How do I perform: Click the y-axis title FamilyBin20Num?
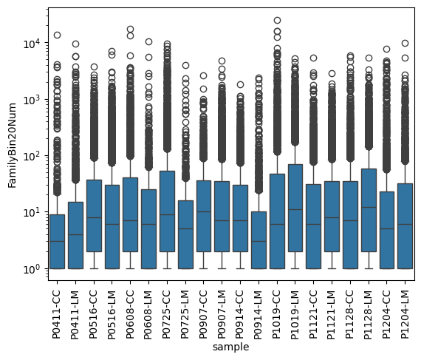tap(13, 146)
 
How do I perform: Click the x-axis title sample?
tap(231, 347)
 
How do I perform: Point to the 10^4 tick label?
tap(32, 44)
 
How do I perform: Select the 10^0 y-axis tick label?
tap(32, 269)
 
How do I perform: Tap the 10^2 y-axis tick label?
tap(32, 156)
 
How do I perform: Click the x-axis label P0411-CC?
tap(57, 314)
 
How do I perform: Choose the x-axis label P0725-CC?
tap(167, 314)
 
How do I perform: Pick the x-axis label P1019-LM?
tap(295, 314)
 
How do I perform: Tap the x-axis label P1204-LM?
tap(405, 314)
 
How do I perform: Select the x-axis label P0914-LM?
tap(259, 314)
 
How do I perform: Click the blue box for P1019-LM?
tap(295, 217)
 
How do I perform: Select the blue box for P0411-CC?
tap(57, 242)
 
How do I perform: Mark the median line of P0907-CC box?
tap(204, 211)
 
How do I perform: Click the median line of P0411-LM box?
tap(75, 234)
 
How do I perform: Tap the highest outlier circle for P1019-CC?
tap(277, 20)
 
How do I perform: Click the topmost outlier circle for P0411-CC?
tap(57, 35)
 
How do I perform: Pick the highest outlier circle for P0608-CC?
tap(131, 30)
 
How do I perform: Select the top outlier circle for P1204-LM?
tap(405, 44)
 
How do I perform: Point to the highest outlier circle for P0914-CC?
tap(240, 84)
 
